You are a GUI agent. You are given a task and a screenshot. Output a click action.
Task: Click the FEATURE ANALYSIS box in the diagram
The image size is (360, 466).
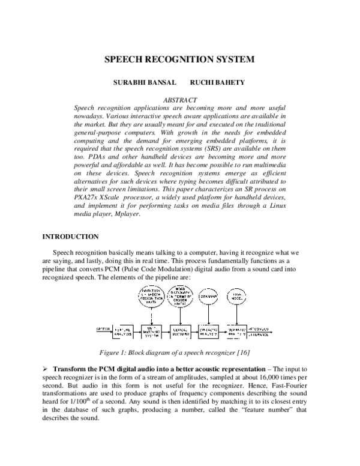tap(122, 330)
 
